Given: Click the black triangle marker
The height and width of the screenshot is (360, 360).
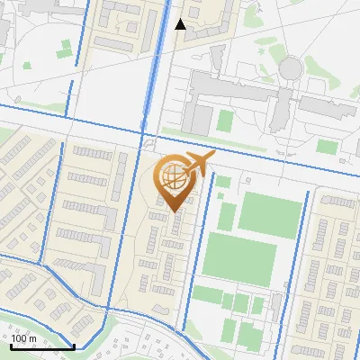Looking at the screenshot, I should tap(180, 24).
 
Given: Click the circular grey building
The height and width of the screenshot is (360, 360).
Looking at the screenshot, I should tap(291, 68).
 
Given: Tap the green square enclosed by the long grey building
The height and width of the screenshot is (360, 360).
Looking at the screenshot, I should tap(202, 118).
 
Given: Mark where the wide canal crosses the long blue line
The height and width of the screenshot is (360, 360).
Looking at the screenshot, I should tap(144, 135).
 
